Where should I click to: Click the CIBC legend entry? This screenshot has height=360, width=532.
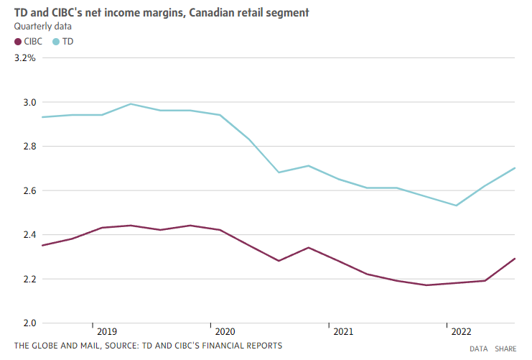coord(29,42)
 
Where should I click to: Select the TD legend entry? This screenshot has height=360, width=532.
coord(62,42)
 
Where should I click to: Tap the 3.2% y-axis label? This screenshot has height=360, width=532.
coord(24,58)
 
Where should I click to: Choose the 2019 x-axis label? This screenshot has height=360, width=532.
coord(106,332)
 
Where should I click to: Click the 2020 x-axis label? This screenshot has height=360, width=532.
coord(225,332)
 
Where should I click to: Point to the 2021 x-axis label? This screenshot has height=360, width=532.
coord(342,332)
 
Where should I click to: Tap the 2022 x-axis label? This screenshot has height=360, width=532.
coord(461,332)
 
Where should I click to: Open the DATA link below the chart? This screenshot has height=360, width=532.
coord(479,349)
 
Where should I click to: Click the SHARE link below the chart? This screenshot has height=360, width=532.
coord(505,349)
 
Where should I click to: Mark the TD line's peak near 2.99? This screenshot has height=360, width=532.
coord(131,103)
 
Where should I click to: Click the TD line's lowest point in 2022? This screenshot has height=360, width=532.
coord(456,206)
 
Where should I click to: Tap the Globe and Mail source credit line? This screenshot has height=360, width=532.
coord(148,346)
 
